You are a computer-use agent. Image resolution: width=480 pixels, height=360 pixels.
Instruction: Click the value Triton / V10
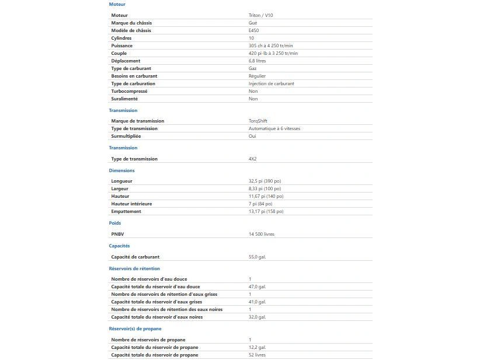tap(260, 15)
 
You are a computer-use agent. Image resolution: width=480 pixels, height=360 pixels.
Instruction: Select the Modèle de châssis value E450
tap(253, 30)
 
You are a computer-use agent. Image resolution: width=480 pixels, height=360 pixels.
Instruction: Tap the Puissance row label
tap(122, 46)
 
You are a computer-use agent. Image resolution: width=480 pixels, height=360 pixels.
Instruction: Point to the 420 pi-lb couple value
tap(273, 53)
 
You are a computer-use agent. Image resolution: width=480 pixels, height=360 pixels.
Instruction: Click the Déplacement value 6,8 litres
tap(257, 61)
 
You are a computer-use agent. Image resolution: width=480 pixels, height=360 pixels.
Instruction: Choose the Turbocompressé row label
tap(129, 91)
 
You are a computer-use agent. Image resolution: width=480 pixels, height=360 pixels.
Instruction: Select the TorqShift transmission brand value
tap(258, 121)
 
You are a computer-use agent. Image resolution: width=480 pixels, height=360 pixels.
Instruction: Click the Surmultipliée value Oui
tap(252, 136)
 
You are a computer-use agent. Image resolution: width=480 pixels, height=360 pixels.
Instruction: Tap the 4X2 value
tap(252, 159)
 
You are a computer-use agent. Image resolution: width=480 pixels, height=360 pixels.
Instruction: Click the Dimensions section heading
tap(121, 170)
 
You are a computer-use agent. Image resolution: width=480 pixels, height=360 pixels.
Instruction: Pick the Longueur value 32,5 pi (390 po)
tap(265, 181)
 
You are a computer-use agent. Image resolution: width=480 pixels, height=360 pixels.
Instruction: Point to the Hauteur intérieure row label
tap(131, 204)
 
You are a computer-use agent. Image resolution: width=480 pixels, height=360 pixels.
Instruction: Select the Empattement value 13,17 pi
tap(266, 211)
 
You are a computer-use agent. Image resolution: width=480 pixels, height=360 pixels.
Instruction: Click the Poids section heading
tap(115, 223)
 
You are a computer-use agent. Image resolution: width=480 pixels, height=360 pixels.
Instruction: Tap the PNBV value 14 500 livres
tap(261, 234)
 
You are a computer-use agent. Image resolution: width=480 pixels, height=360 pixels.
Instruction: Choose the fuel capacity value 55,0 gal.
tap(257, 257)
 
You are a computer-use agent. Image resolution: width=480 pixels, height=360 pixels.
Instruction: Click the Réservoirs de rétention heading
tap(134, 268)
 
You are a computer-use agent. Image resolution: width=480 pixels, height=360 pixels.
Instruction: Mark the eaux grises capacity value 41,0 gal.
tap(257, 302)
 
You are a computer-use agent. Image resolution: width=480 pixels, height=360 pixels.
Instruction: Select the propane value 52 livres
tap(257, 355)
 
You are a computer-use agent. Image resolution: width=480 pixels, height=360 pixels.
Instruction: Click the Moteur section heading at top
tap(117, 4)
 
